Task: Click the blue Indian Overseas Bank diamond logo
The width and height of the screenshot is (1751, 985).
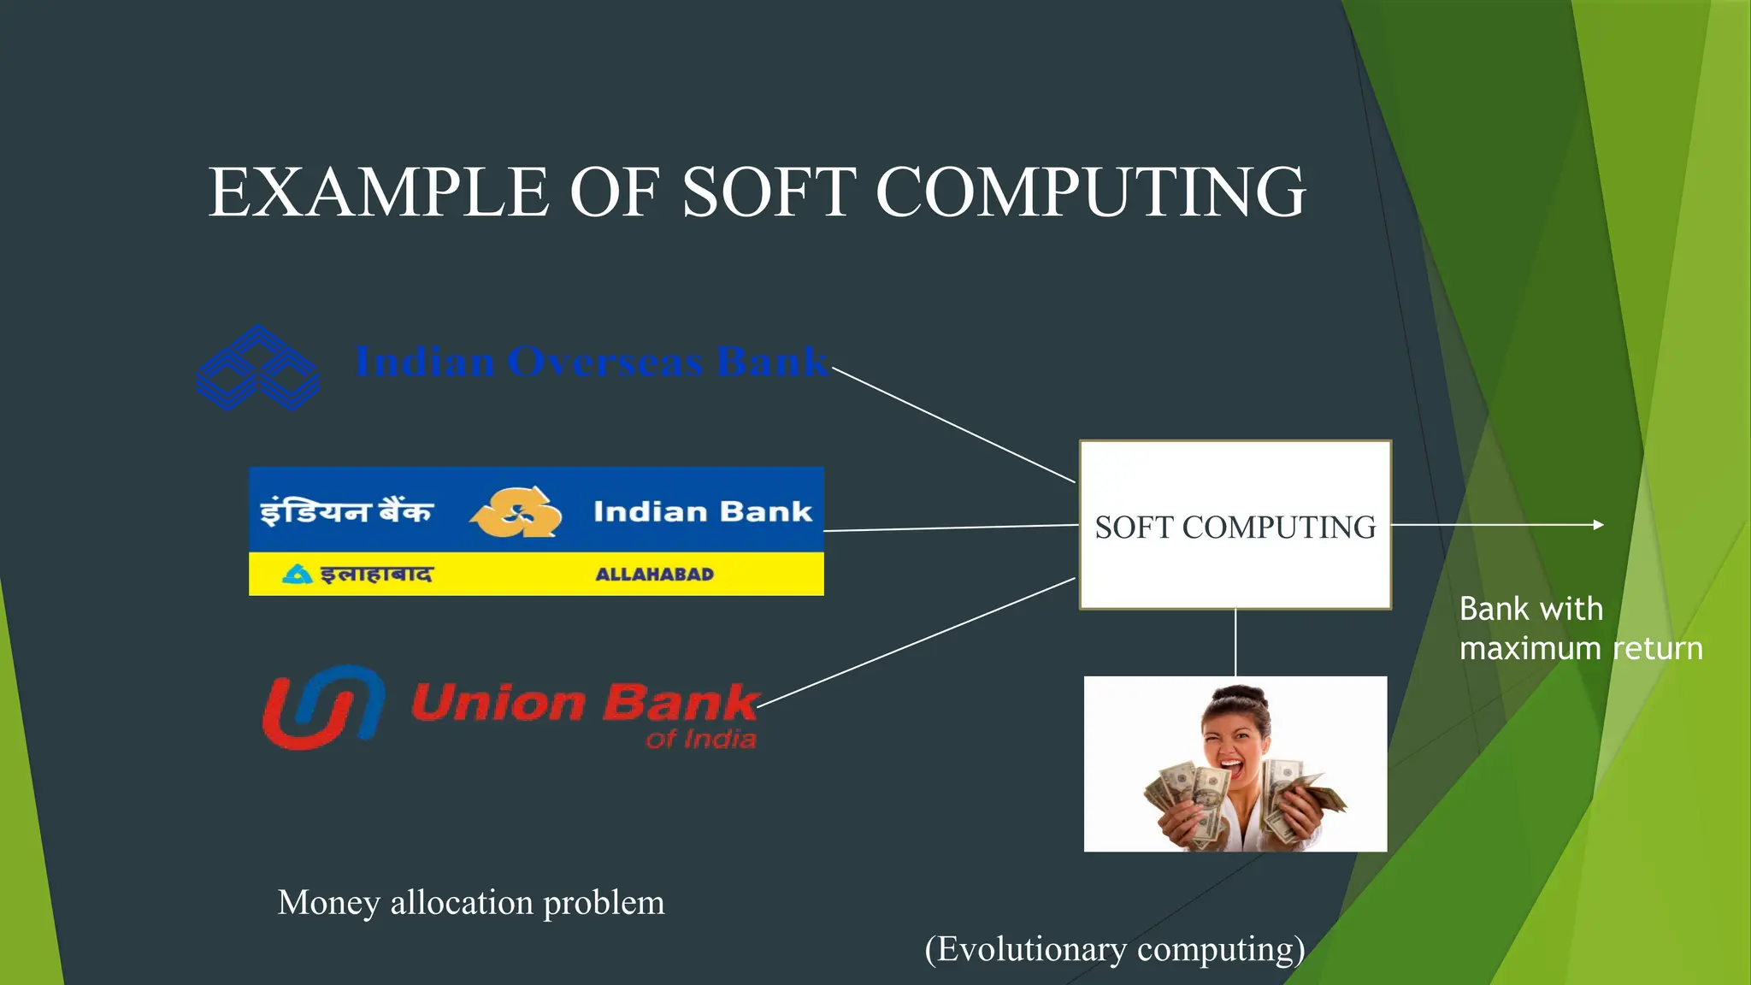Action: (x=257, y=368)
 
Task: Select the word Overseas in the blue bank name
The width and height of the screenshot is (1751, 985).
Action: (x=604, y=362)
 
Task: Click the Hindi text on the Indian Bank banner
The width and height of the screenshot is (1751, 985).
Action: (x=346, y=511)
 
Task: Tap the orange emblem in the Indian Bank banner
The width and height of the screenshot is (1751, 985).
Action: (x=516, y=512)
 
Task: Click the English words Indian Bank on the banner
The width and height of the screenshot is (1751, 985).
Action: (x=702, y=511)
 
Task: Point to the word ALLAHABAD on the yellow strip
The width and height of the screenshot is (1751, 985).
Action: (x=654, y=575)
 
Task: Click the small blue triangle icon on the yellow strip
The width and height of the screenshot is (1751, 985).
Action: (x=297, y=574)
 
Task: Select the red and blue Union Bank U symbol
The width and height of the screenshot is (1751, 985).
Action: (x=323, y=707)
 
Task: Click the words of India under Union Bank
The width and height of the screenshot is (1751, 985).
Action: (x=701, y=739)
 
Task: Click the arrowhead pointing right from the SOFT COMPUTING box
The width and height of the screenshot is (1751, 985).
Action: (x=1598, y=525)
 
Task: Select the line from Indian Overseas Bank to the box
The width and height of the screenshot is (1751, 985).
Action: (x=953, y=425)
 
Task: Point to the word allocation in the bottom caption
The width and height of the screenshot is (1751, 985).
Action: (x=462, y=903)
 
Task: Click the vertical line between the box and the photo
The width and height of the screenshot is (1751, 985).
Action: (x=1235, y=642)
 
